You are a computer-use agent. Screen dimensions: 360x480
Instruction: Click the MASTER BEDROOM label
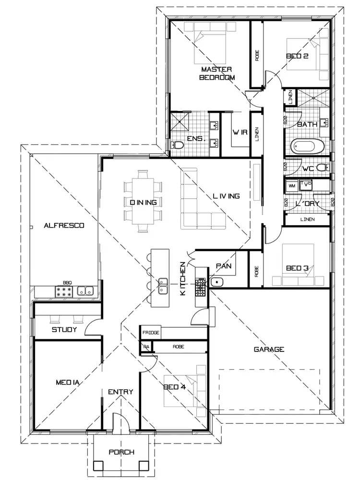pos(217,73)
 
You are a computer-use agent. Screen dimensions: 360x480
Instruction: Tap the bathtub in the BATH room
pos(308,145)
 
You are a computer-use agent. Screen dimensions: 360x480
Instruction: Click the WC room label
pos(309,168)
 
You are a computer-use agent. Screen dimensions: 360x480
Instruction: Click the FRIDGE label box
pos(151,332)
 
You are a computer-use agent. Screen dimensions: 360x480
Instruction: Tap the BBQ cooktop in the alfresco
pos(64,291)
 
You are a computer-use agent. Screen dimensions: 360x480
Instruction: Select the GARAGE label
pos(269,349)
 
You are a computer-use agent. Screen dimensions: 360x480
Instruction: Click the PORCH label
pos(121,452)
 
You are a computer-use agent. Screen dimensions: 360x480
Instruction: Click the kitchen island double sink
pos(163,281)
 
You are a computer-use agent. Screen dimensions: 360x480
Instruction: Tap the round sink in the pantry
pos(216,282)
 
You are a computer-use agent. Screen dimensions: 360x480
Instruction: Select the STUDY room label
pos(65,330)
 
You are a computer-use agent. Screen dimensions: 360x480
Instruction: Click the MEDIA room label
pos(67,383)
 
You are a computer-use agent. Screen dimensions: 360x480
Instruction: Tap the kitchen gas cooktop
pos(200,287)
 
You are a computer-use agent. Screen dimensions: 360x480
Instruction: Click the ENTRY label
pos(120,392)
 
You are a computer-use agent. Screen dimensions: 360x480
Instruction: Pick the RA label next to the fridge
pos(145,347)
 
